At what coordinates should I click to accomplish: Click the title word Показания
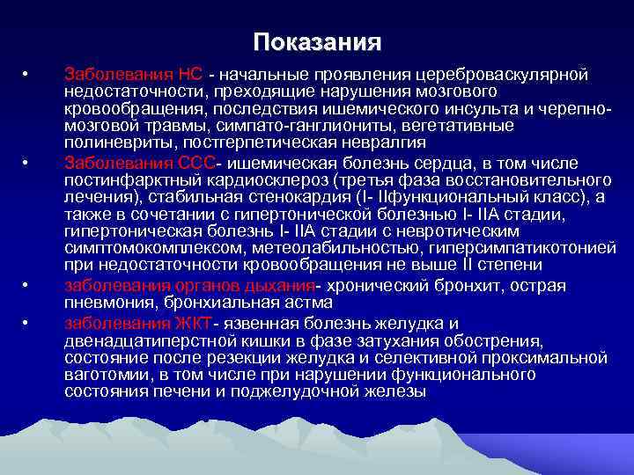click(317, 42)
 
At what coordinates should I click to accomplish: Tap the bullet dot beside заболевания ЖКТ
click(26, 323)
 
